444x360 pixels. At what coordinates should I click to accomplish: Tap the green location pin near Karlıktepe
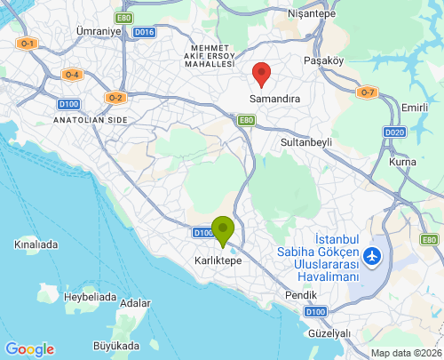click(x=222, y=229)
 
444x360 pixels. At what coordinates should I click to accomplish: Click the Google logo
click(x=29, y=349)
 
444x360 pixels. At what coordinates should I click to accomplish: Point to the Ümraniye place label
click(x=99, y=31)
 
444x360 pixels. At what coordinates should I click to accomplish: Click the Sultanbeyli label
click(x=305, y=142)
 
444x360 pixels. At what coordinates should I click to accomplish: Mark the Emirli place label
click(x=414, y=108)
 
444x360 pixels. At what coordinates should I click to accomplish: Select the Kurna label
click(x=402, y=162)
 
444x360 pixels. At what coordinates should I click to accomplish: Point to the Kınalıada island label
click(x=36, y=244)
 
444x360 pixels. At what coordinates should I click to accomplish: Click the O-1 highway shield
click(x=27, y=44)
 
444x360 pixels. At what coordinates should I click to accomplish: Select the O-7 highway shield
click(x=367, y=92)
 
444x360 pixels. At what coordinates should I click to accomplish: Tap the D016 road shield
click(x=144, y=33)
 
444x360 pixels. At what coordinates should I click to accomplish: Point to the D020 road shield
click(x=396, y=132)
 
